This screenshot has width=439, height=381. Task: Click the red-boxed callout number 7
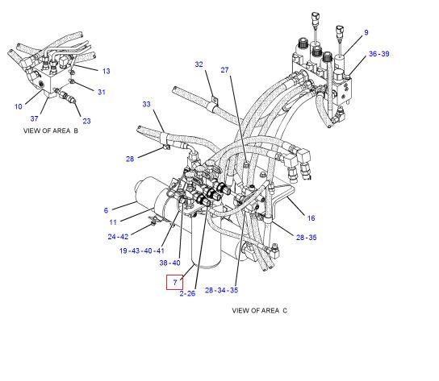[x=175, y=282]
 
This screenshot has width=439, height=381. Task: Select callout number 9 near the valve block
[x=366, y=32]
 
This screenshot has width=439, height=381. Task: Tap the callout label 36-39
[x=379, y=54]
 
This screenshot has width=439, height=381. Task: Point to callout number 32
[x=199, y=64]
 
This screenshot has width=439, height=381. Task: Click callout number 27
[x=224, y=70]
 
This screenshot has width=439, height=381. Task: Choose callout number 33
[x=146, y=104]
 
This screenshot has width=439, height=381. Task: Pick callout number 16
[x=311, y=218]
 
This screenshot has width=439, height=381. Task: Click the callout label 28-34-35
[x=221, y=290]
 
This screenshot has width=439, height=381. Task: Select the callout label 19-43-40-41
[x=142, y=251]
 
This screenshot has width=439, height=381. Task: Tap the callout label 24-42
[x=118, y=237]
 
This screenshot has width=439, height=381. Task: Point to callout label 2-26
[x=187, y=293]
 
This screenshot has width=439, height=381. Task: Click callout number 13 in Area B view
[x=106, y=71]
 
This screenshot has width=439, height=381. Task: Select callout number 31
[x=102, y=92]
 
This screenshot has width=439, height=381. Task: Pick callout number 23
[x=86, y=121]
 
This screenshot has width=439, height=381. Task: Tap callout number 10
[x=19, y=106]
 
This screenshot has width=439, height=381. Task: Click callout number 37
[x=34, y=118]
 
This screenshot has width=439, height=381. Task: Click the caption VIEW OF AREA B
[x=51, y=130]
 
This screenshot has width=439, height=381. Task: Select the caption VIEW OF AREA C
[x=260, y=311]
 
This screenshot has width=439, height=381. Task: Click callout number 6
[x=106, y=210]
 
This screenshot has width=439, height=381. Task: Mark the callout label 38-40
[x=170, y=263]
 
